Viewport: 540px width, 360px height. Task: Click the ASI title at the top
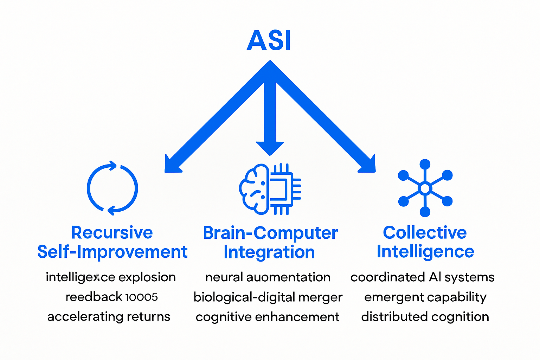[x=269, y=40]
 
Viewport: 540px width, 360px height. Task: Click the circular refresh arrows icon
[x=112, y=188]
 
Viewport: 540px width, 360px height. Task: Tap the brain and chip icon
[x=270, y=189]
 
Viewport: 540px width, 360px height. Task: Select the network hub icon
[x=425, y=188]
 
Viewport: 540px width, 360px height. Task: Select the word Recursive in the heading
[x=112, y=232]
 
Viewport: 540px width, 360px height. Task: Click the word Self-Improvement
[x=112, y=252]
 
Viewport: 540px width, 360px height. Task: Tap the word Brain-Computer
[x=270, y=233]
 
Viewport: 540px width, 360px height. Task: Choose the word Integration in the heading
[x=269, y=252]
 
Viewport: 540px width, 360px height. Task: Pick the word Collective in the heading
[x=425, y=232]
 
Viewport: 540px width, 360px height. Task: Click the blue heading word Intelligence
[x=425, y=252]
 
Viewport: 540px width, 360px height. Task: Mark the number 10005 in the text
[x=141, y=297]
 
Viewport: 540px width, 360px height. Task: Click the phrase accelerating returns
[x=109, y=317]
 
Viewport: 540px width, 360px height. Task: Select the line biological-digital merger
[x=268, y=297]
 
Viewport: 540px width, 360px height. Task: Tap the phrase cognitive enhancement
[x=267, y=317]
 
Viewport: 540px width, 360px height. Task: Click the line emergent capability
[x=425, y=297]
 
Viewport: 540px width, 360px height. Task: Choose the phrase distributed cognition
[x=425, y=317]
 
